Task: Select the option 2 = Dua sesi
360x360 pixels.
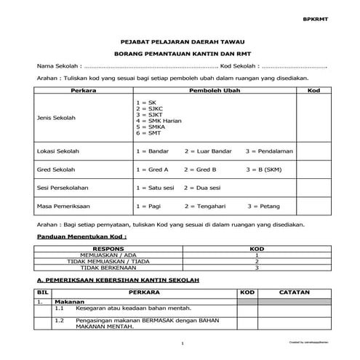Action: (203, 188)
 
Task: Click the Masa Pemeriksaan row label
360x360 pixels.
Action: (63, 207)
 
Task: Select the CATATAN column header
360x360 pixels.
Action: (295, 292)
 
